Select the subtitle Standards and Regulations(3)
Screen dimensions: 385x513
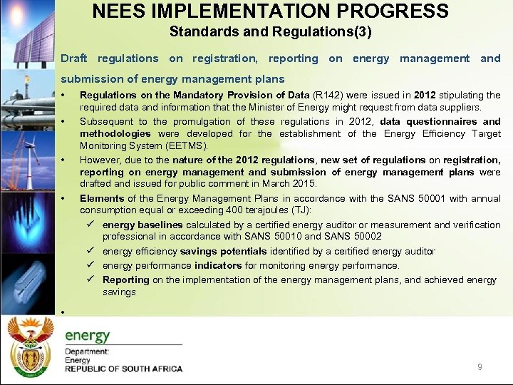(x=270, y=32)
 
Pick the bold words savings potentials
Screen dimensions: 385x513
(x=224, y=251)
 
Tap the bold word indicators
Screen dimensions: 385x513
(x=218, y=265)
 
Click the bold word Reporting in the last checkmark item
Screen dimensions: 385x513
(x=125, y=279)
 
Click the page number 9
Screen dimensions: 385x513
(x=480, y=367)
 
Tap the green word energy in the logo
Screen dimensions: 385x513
(x=88, y=336)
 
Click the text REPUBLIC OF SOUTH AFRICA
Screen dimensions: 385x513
(x=123, y=369)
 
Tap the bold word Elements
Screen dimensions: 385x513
(x=99, y=198)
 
